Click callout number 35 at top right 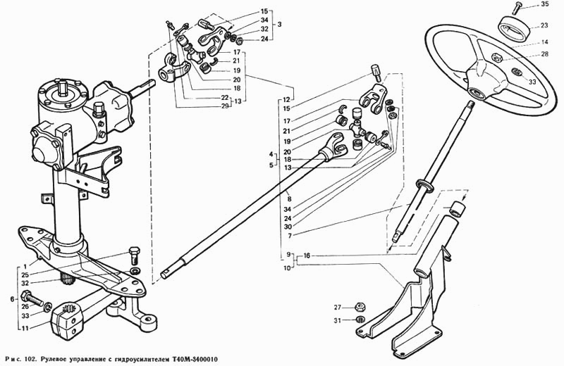click(545, 5)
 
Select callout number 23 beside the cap click(544, 25)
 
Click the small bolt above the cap click(517, 6)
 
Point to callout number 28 click(544, 54)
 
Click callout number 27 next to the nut click(337, 308)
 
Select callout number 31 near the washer click(337, 321)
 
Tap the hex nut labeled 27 click(358, 308)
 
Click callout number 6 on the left click(12, 299)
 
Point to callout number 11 click(25, 328)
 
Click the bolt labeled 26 click(32, 298)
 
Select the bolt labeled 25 click(134, 255)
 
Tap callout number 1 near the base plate click(25, 267)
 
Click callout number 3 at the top click(279, 25)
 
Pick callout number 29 click(225, 106)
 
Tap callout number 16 click(307, 255)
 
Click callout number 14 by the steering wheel click(544, 42)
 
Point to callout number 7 click(290, 236)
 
